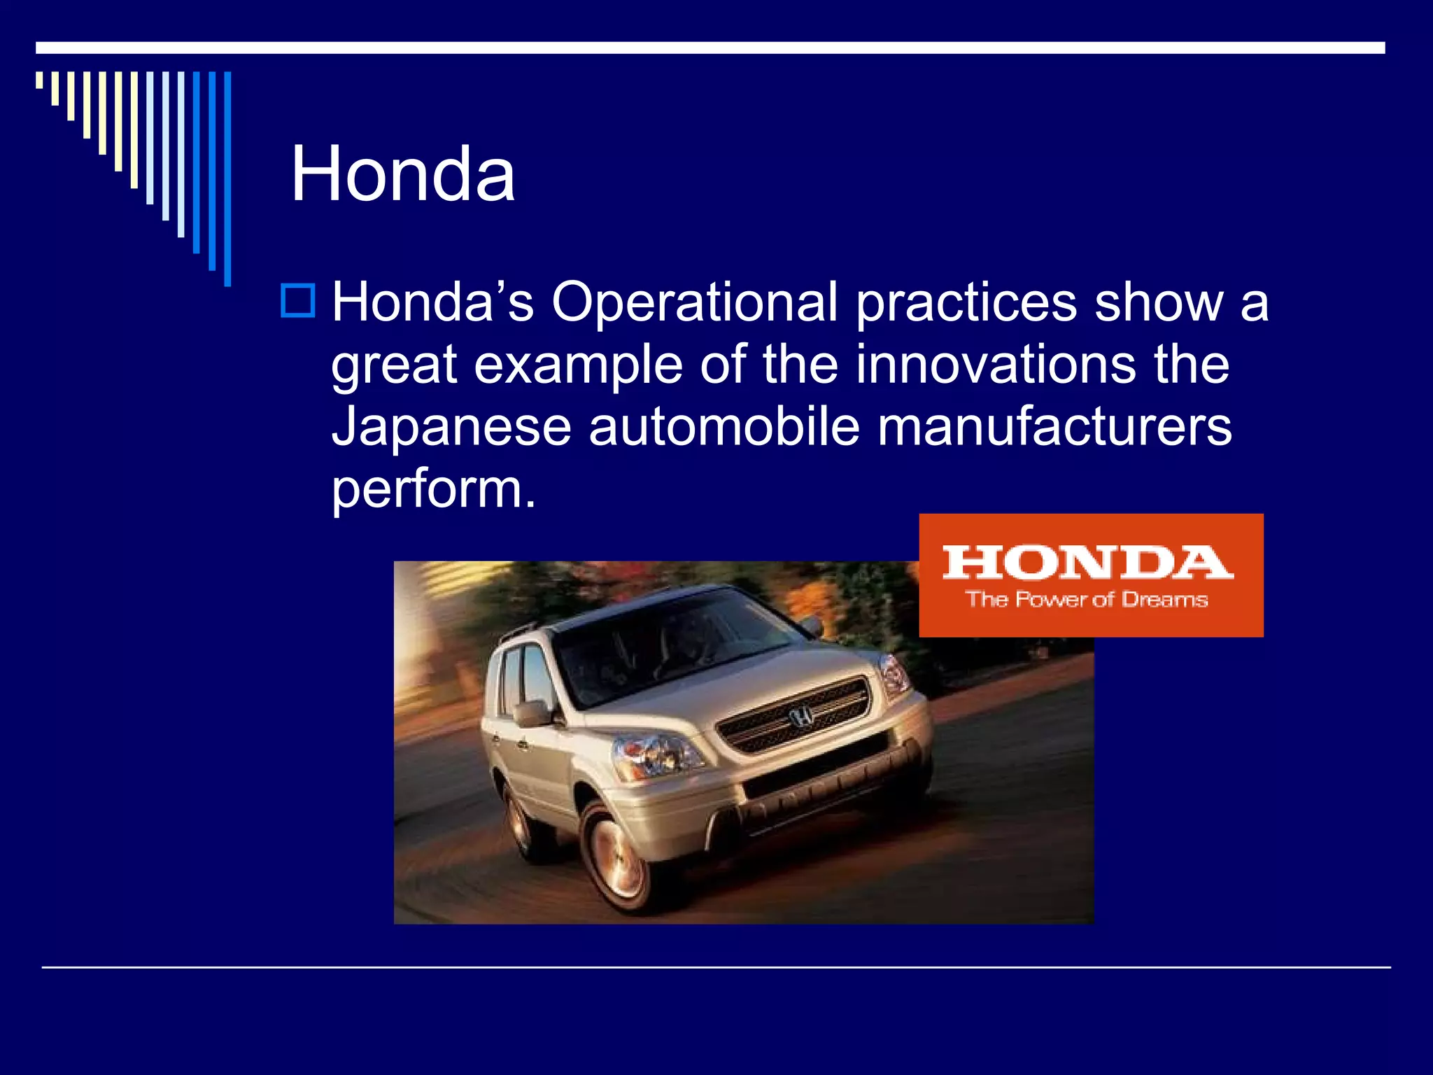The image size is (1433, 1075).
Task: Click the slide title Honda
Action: click(403, 174)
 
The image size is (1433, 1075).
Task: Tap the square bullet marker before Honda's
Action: click(297, 301)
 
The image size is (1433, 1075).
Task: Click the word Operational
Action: click(694, 302)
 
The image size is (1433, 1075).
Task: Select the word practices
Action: click(966, 302)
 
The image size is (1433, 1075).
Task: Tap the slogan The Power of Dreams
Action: click(1087, 600)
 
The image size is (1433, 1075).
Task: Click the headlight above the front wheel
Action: click(656, 755)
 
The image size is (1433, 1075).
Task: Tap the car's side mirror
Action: click(532, 712)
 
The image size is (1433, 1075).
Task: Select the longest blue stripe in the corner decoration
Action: click(227, 178)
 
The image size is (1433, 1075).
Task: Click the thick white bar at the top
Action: click(710, 48)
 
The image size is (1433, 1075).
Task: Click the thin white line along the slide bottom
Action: click(716, 968)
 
